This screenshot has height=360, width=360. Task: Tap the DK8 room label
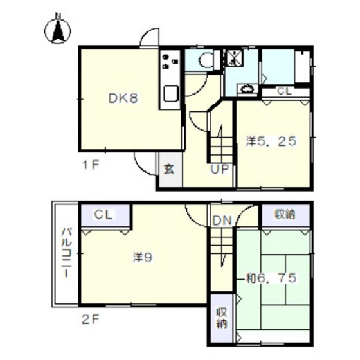click(x=123, y=99)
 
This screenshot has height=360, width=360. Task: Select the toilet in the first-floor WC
click(x=207, y=60)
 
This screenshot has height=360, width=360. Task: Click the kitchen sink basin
click(x=171, y=93)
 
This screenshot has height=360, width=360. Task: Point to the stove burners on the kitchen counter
click(x=170, y=62)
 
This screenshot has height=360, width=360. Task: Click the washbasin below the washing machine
click(x=248, y=89)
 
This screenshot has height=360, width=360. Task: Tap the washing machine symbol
click(x=234, y=58)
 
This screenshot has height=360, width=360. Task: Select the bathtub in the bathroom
click(x=302, y=66)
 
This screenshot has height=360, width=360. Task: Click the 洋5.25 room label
click(x=271, y=141)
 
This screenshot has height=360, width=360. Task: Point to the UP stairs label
click(x=220, y=170)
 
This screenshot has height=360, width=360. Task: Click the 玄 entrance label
click(x=168, y=169)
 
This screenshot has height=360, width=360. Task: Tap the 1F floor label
click(x=91, y=165)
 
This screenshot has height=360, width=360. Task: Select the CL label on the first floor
click(x=284, y=91)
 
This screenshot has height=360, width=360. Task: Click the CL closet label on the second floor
click(x=104, y=215)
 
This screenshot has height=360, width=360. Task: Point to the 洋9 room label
click(x=143, y=258)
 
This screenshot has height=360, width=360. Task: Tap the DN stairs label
click(x=222, y=221)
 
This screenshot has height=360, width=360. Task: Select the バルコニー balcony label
click(x=66, y=253)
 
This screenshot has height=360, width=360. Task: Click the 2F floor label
click(x=91, y=320)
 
